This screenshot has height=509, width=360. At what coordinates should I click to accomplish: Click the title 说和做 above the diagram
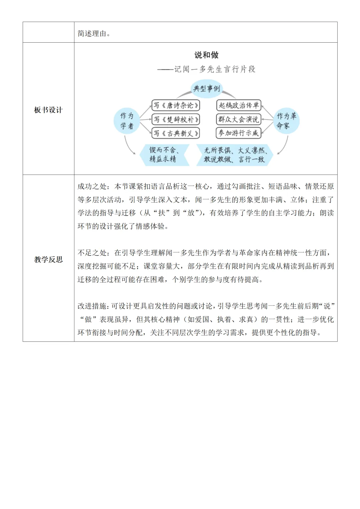tap(206, 55)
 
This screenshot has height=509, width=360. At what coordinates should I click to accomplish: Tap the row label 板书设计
tap(48, 110)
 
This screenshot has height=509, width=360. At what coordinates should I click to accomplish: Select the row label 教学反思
tap(48, 260)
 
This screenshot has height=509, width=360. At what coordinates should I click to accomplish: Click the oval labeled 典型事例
tap(207, 89)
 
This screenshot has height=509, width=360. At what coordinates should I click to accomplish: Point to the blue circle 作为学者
tap(127, 121)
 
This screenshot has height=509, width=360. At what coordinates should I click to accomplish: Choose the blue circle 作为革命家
tap(286, 121)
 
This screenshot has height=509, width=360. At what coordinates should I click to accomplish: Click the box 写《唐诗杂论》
tap(176, 106)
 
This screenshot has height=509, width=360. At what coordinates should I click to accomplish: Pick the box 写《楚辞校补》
tap(176, 119)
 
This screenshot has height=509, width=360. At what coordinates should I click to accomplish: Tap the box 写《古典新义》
tap(176, 133)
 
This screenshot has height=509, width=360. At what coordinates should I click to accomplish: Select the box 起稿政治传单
tap(239, 105)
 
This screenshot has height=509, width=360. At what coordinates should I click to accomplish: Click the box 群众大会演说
tap(239, 119)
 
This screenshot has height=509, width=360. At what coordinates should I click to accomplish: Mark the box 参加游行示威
tap(239, 133)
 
